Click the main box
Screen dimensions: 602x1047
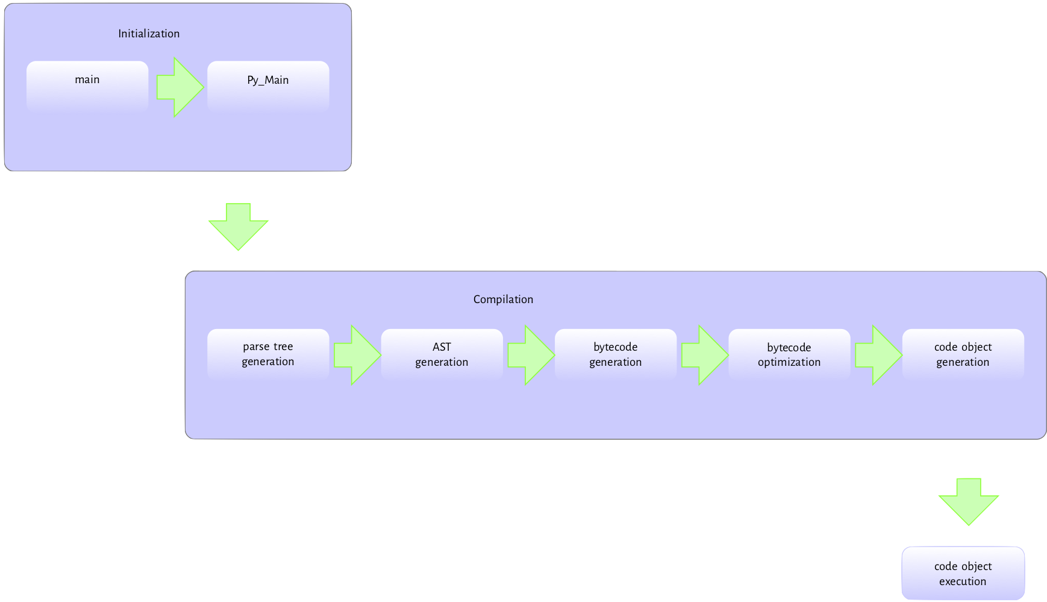(87, 86)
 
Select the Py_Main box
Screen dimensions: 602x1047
(268, 86)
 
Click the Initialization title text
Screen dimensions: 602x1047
(149, 34)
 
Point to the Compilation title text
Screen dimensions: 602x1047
(503, 299)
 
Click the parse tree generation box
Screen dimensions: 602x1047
(268, 354)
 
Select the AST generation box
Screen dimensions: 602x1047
(442, 354)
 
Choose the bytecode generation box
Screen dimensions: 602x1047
(615, 354)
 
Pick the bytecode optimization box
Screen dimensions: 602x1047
(789, 354)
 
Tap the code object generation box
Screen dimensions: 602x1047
(963, 354)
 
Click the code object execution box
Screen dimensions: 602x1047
(963, 573)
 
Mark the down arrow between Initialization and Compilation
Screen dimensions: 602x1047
(239, 227)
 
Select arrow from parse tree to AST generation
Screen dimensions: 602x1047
(356, 356)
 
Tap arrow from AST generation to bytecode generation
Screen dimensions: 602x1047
(530, 356)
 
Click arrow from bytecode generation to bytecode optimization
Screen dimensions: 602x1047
(704, 356)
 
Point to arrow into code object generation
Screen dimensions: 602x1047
(877, 356)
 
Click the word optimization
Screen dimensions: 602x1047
(789, 362)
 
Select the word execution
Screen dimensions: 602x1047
(963, 582)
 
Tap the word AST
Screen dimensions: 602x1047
(442, 347)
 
